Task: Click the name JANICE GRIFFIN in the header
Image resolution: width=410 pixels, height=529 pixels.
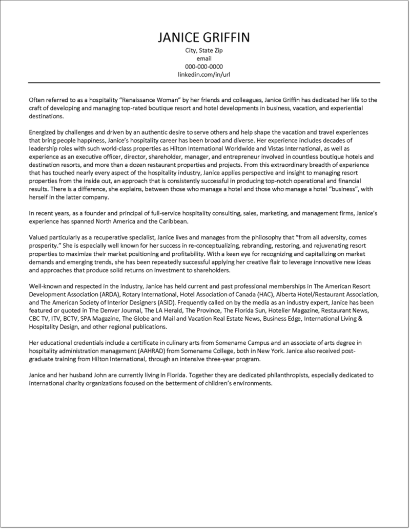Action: click(203, 38)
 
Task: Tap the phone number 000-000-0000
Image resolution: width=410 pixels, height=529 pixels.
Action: click(203, 67)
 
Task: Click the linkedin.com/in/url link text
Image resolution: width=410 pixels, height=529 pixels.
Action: click(203, 74)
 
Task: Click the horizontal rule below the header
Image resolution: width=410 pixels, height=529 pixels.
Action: click(203, 82)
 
